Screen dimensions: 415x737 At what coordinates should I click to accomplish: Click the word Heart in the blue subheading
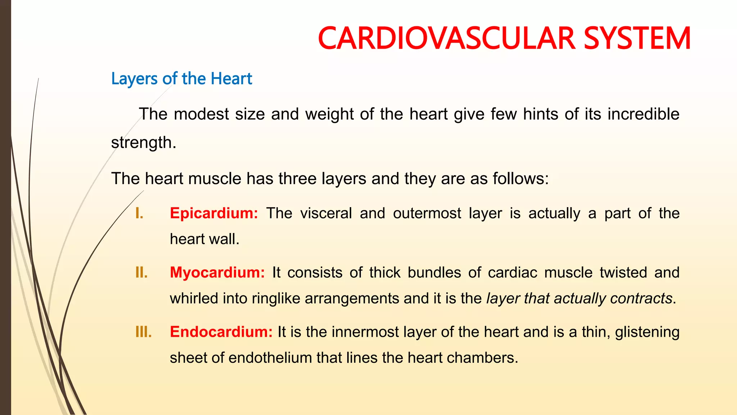point(231,78)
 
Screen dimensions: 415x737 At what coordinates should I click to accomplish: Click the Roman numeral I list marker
point(139,213)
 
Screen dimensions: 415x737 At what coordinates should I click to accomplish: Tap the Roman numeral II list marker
point(141,272)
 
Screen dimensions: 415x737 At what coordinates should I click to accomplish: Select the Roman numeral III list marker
point(143,332)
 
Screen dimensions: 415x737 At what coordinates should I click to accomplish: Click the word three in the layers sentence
point(297,179)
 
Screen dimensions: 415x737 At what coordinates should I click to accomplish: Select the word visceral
point(326,213)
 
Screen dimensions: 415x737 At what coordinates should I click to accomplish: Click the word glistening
point(647,332)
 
